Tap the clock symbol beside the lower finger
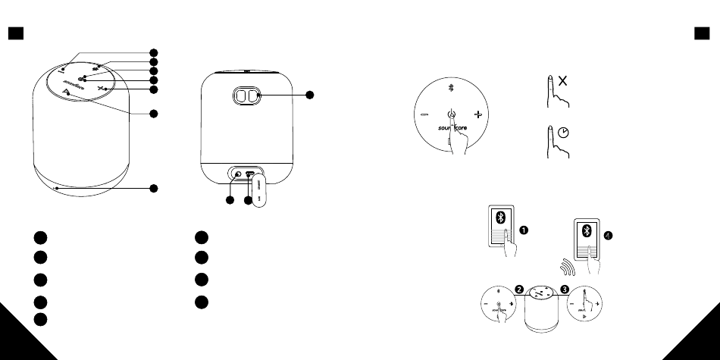pos(563,131)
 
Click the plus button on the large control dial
pos(477,115)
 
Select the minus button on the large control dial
pos(424,115)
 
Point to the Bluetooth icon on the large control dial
pos(450,88)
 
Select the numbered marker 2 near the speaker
pos(519,288)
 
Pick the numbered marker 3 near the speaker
pos(564,288)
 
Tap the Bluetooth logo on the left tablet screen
pos(500,217)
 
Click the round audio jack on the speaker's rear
pos(238,175)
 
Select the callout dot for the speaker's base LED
pos(154,188)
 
